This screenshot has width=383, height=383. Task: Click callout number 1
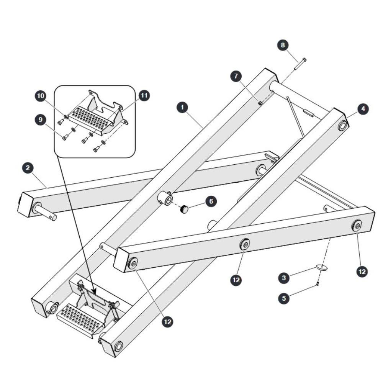(182, 107)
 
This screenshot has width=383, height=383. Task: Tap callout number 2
(28, 168)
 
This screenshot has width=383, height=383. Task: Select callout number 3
(284, 278)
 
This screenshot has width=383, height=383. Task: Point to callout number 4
(363, 109)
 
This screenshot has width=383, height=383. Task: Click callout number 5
(284, 298)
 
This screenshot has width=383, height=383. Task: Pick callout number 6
(211, 201)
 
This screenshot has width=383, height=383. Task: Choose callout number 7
(236, 76)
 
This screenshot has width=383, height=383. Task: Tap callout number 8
(283, 45)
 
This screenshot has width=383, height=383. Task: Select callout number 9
(41, 119)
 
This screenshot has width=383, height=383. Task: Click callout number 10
(41, 96)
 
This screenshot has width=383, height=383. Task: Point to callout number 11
(144, 95)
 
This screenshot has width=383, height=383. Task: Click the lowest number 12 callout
(168, 322)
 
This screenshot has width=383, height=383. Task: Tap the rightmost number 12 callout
(362, 272)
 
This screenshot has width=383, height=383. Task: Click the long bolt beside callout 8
(300, 64)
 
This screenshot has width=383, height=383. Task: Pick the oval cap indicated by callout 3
(322, 267)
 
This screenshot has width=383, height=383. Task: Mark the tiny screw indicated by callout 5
(318, 283)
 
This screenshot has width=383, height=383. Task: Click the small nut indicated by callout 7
(260, 103)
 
